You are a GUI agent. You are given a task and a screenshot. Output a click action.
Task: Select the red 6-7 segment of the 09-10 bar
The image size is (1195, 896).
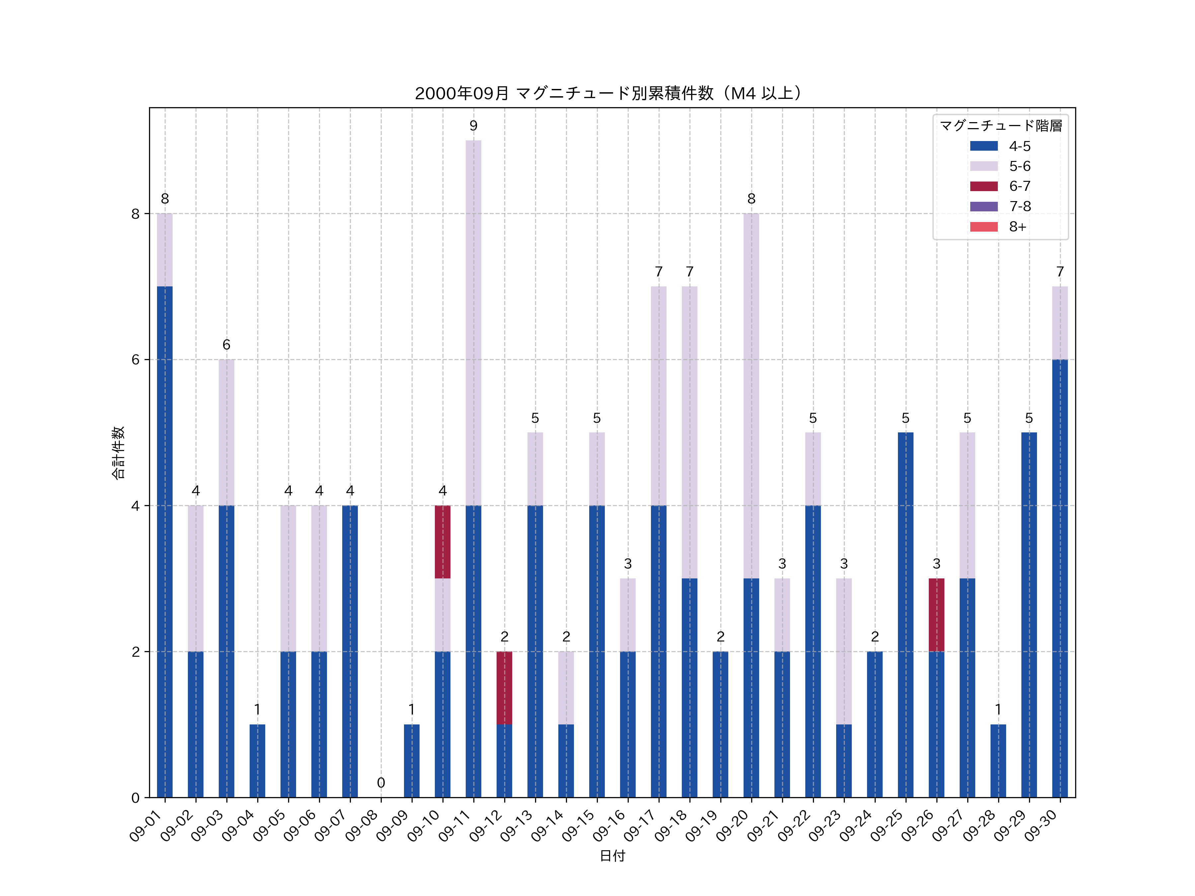tap(442, 542)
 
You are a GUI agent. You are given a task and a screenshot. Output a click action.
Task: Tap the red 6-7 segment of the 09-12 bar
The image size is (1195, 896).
tap(504, 688)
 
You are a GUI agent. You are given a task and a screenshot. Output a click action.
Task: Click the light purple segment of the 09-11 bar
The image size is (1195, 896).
tap(473, 323)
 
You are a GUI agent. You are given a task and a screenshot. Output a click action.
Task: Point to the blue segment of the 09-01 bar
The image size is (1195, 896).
tap(165, 542)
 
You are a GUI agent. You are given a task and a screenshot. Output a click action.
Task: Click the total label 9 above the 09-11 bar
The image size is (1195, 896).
tap(473, 126)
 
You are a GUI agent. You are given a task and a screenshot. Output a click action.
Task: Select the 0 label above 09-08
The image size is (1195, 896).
tap(381, 782)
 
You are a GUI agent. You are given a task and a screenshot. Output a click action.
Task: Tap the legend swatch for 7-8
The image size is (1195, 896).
tap(984, 206)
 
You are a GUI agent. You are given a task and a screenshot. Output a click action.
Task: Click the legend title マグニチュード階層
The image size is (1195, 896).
tap(1000, 126)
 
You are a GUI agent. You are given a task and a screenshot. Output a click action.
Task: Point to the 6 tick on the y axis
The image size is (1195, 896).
tap(135, 360)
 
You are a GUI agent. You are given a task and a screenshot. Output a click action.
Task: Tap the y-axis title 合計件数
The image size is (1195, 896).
tap(118, 453)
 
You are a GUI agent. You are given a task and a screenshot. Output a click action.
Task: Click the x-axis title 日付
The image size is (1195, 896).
tap(612, 856)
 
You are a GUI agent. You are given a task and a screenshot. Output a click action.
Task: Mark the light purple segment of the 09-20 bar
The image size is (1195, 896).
tap(751, 396)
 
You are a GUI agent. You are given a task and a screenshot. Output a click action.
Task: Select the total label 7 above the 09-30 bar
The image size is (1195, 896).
tap(1060, 272)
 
